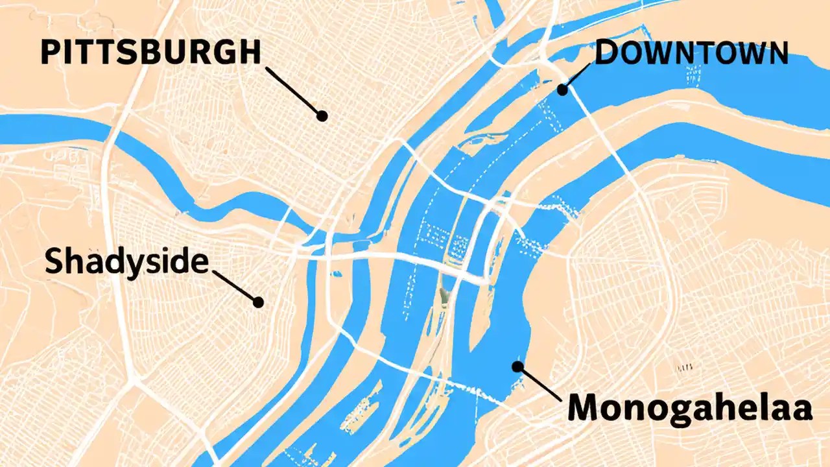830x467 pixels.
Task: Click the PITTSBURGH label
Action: [150, 52]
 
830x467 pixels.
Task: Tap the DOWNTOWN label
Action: [691, 53]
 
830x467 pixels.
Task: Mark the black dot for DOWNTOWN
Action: [563, 90]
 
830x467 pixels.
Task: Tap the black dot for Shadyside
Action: [258, 302]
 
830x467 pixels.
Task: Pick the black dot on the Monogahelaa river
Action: [517, 366]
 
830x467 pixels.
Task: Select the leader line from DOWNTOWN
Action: [577, 77]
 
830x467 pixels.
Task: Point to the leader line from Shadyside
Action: [235, 287]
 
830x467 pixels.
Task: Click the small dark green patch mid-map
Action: [444, 295]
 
